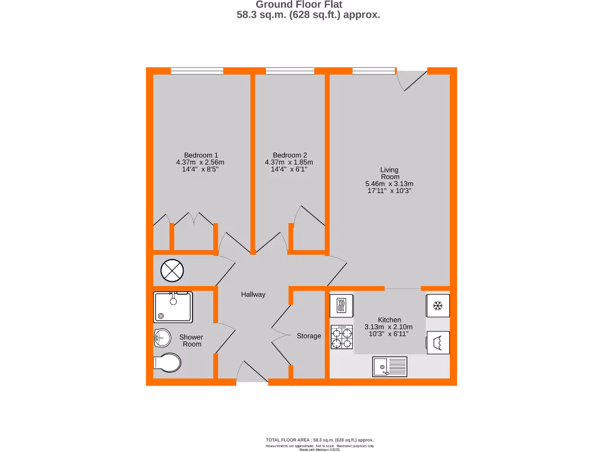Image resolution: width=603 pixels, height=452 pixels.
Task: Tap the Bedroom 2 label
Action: pos(289,155)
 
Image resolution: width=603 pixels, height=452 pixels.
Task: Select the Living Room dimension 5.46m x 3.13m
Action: pos(390,184)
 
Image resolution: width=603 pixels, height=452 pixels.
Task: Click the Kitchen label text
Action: pos(389,320)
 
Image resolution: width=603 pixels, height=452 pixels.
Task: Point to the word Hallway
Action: pos(253,294)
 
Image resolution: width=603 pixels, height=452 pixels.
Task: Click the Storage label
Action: pos(309,336)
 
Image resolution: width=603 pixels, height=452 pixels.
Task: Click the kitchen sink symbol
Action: pos(389,367)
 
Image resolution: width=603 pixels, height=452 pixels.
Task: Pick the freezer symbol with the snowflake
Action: pos(438,305)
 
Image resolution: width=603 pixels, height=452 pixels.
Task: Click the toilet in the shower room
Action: pos(167,364)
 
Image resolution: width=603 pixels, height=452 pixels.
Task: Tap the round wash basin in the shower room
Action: pos(161,338)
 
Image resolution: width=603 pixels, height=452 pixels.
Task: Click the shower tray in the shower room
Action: pos(173,307)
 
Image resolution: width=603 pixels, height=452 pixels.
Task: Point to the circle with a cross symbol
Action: pos(173,271)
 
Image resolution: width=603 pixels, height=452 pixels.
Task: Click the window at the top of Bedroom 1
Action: pos(197,71)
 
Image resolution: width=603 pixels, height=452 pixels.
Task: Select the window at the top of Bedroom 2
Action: pos(290,71)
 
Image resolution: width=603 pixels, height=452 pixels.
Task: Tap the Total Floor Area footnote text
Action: pos(320,440)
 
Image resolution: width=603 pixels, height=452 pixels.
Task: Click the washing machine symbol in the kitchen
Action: pos(438,342)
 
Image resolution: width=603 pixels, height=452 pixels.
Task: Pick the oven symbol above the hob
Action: pos(342,305)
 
